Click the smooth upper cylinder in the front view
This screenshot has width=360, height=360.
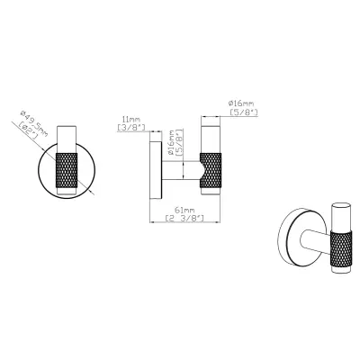tap(70, 137)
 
